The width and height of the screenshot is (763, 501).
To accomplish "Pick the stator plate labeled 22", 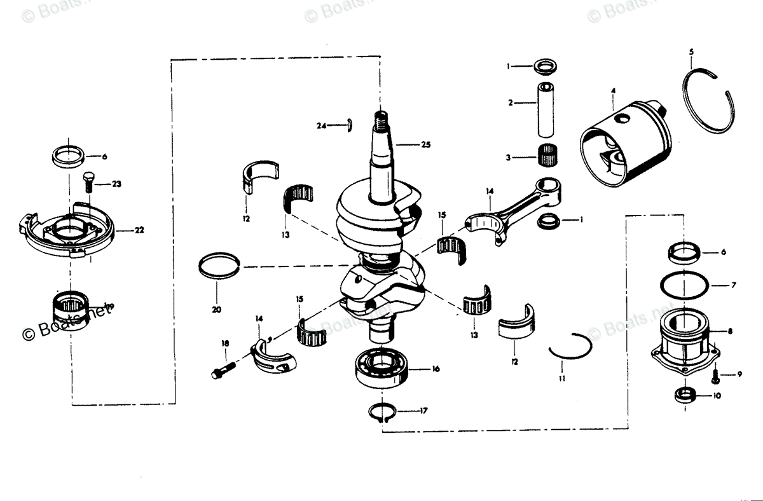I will click(67, 232).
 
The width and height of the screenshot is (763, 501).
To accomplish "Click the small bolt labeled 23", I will click(88, 182).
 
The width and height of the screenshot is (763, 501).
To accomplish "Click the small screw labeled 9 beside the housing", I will click(715, 376).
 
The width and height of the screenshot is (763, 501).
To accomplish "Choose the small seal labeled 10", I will click(685, 394).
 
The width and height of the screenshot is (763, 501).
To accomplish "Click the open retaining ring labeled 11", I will click(570, 348).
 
